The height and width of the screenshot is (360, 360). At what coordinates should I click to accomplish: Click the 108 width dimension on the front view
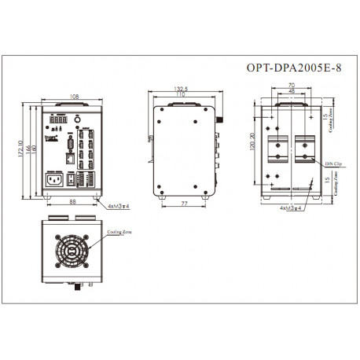(x=73, y=97)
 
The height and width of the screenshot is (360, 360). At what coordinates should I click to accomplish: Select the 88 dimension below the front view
(x=73, y=202)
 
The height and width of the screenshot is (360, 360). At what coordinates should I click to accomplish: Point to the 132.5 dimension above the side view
(x=183, y=89)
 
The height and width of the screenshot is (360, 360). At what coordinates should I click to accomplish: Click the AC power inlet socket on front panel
(x=53, y=178)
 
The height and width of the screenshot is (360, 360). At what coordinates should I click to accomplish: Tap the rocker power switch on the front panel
(x=70, y=178)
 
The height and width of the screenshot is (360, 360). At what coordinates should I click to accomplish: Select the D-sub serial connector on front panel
(x=70, y=144)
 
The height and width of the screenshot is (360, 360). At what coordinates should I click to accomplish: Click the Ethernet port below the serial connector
(x=70, y=157)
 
